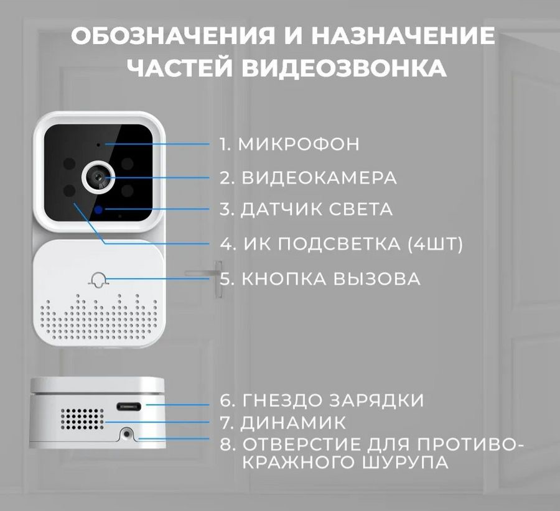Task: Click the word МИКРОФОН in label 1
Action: pyautogui.click(x=299, y=144)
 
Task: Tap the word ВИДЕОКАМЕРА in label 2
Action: pyautogui.click(x=319, y=178)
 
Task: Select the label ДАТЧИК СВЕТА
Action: pyautogui.click(x=317, y=210)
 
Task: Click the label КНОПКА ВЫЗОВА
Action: pyautogui.click(x=331, y=279)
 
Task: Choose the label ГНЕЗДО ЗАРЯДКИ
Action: pyautogui.click(x=334, y=400)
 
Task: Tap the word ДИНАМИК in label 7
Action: pyautogui.click(x=293, y=423)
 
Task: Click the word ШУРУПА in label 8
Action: pyautogui.click(x=405, y=463)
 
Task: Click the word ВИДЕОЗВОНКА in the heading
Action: pyautogui.click(x=344, y=68)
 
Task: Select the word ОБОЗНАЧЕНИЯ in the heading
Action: pyautogui.click(x=173, y=35)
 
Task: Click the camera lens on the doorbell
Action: pyautogui.click(x=98, y=177)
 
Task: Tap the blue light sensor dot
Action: pyautogui.click(x=98, y=210)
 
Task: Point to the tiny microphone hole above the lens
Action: pyautogui.click(x=98, y=145)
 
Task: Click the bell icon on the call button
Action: pyautogui.click(x=98, y=279)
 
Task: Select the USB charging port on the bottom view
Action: pyautogui.click(x=129, y=407)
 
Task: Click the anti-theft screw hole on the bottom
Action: pyautogui.click(x=126, y=433)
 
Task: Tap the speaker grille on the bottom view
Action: pyautogui.click(x=82, y=419)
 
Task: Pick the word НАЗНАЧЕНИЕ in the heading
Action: pyautogui.click(x=403, y=35)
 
